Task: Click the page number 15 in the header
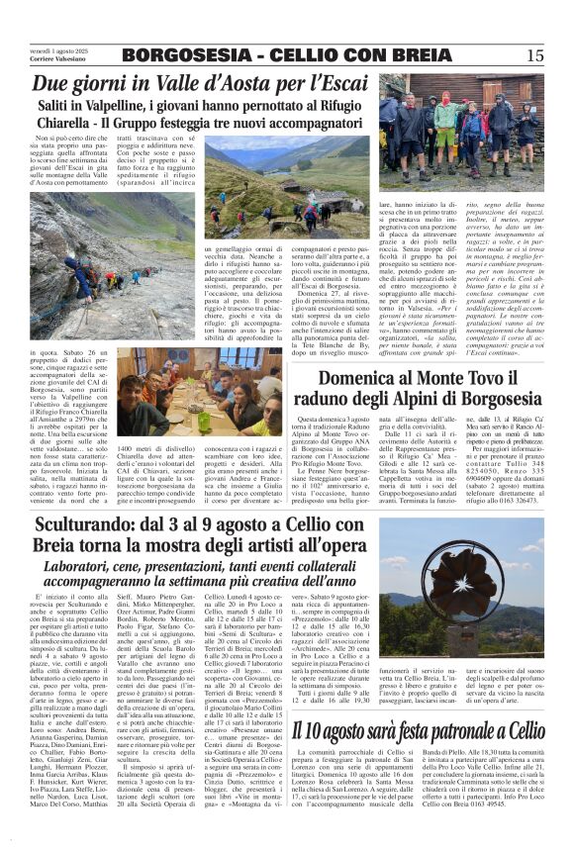coord(535,55)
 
